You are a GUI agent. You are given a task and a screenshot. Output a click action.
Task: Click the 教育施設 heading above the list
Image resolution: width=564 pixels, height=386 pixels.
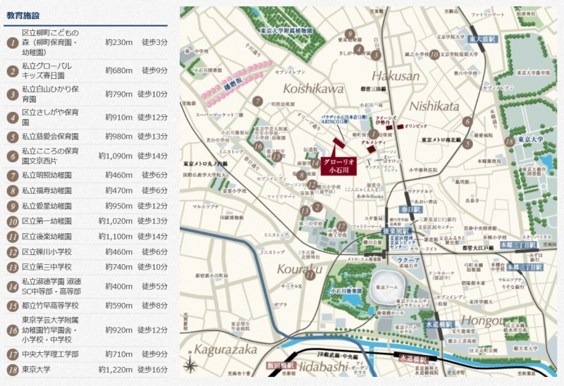(x=24, y=14)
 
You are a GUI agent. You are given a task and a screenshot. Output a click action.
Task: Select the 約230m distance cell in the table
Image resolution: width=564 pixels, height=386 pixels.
(x=118, y=43)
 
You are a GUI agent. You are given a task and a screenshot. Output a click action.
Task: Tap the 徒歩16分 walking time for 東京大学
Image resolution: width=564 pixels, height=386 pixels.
(x=154, y=369)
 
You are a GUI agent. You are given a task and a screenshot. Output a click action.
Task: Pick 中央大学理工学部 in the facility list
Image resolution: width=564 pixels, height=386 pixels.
(x=50, y=354)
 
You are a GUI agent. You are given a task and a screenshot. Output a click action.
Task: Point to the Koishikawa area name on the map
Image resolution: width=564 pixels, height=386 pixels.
(x=313, y=89)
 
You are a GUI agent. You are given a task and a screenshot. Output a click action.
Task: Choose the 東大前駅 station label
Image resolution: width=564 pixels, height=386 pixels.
(x=483, y=39)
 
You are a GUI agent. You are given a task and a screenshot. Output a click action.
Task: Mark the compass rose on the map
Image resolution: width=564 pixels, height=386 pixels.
(x=190, y=366)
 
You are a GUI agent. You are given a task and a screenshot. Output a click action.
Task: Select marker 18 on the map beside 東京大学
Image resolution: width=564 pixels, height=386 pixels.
(x=509, y=141)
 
